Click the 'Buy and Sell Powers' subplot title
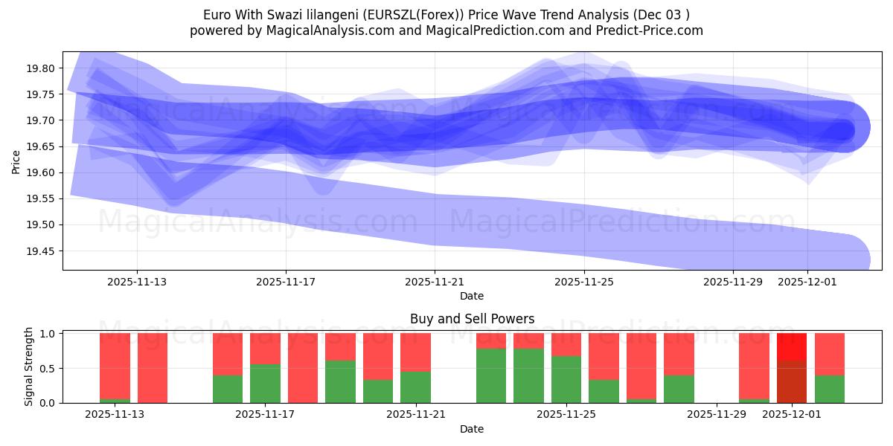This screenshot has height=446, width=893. (x=472, y=319)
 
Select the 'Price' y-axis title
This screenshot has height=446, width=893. (x=16, y=161)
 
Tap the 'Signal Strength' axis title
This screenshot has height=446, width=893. (x=28, y=366)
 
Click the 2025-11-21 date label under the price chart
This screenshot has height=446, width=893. (x=435, y=282)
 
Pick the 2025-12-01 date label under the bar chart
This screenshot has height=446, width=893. (x=791, y=414)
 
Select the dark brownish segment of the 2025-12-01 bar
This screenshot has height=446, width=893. (x=792, y=382)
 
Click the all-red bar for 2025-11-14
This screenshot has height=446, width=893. (x=153, y=368)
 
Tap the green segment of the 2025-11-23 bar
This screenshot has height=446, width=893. (x=491, y=375)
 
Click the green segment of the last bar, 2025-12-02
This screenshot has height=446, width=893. (x=830, y=389)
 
